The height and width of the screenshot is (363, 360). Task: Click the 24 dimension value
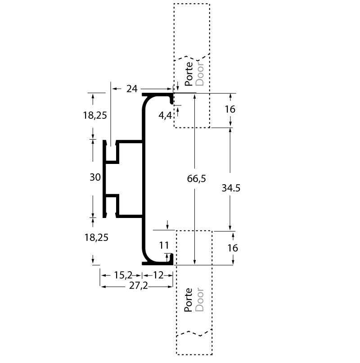coord(131,89)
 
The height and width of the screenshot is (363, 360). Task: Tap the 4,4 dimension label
coord(165,116)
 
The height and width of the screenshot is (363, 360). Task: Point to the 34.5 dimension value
coord(231,189)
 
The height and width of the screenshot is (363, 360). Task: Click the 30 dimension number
coord(95,177)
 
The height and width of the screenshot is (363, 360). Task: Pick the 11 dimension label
coord(164,245)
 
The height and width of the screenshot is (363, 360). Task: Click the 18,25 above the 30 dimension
coord(94,115)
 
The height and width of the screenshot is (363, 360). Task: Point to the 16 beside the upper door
coord(230,109)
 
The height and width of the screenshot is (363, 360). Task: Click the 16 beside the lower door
coord(233,248)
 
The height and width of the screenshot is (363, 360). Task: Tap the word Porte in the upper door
coord(189,74)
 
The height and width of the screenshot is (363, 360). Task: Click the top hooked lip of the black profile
coord(171,100)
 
